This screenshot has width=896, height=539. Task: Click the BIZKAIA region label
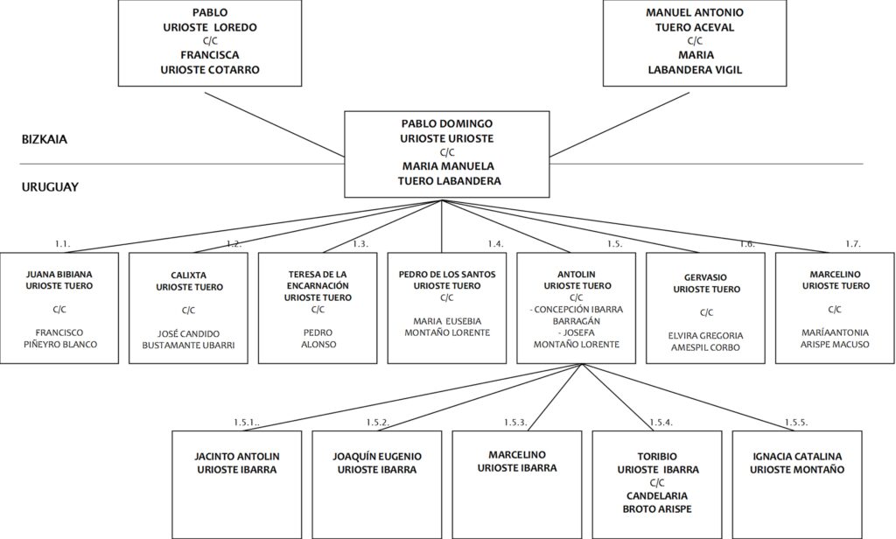[x=45, y=139]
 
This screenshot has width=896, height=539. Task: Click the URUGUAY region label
[x=50, y=187]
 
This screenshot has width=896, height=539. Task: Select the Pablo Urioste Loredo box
[x=210, y=43]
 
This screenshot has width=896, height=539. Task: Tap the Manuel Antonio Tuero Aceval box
[x=695, y=43]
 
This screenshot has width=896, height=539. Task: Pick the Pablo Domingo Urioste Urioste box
[x=447, y=154]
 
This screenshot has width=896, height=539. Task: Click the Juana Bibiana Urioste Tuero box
[x=59, y=308]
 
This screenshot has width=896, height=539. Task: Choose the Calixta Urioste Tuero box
[x=189, y=308]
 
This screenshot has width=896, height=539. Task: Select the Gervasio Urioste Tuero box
[x=706, y=308]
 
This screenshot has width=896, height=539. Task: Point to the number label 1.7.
[x=853, y=244]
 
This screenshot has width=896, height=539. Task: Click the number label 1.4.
[x=495, y=244]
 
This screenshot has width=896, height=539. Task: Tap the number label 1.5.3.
[x=515, y=423]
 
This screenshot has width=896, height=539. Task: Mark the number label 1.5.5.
[x=796, y=423]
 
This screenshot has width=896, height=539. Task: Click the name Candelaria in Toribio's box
[x=657, y=495]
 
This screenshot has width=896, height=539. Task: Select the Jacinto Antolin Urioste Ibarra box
[x=237, y=484]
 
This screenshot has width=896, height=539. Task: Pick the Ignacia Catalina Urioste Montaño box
[x=797, y=484]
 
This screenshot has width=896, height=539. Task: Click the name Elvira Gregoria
[x=706, y=335]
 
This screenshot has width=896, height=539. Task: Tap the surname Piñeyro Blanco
[x=60, y=344]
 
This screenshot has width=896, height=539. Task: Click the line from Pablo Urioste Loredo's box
[x=275, y=124]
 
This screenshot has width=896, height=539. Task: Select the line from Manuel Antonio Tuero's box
[x=619, y=124]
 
